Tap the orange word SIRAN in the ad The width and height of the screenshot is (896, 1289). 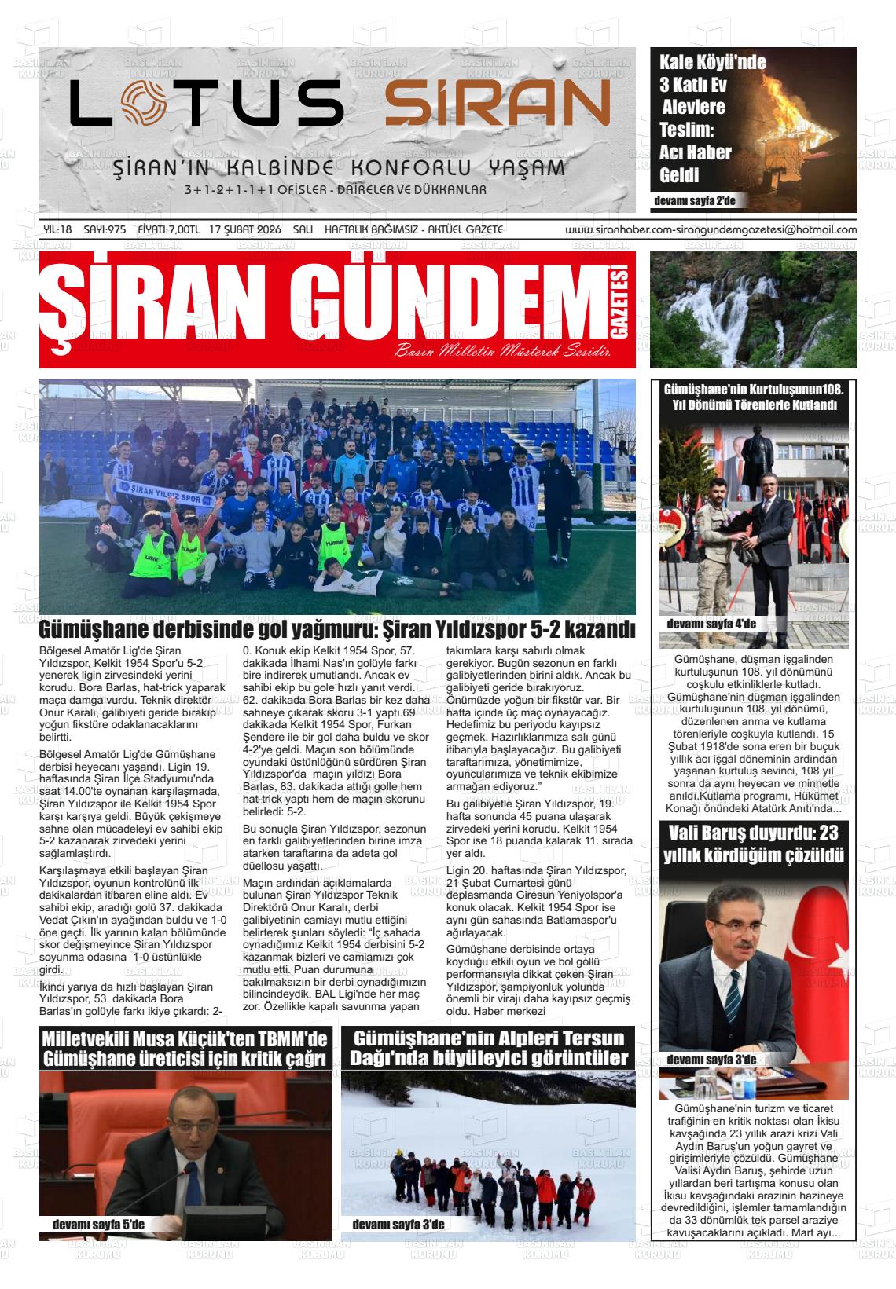(498, 104)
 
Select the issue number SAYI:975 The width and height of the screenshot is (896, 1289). (105, 229)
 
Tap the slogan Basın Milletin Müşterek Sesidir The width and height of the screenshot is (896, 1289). (503, 350)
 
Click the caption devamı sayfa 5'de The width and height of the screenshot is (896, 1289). (98, 1224)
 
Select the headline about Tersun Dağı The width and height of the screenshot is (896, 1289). (488, 1047)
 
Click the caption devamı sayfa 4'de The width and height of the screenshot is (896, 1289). (711, 624)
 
